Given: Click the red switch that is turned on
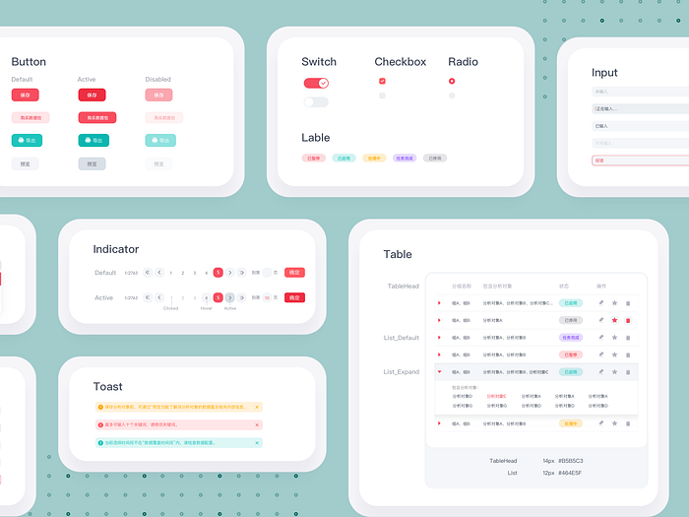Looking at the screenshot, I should tap(316, 84).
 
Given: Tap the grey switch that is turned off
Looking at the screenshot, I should tap(316, 102).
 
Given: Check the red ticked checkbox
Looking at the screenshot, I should tap(382, 81).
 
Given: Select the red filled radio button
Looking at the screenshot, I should tap(452, 81).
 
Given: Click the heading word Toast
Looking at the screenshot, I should tap(108, 387).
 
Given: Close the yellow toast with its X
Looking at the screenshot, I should tap(257, 407).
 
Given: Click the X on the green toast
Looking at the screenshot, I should tap(257, 442).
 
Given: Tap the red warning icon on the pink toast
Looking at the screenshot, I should tap(100, 424).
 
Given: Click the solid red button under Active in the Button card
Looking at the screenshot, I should tap(92, 96).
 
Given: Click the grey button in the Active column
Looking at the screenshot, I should tap(92, 163).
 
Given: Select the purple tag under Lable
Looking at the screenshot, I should tap(404, 158).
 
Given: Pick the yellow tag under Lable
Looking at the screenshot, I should tap(373, 158).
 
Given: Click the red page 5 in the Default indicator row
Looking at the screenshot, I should tap(218, 273).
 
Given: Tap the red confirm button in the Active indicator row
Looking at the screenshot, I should tap(294, 297).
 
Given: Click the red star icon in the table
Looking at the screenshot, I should tap(615, 320).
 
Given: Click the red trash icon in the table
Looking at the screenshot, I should tap(628, 320).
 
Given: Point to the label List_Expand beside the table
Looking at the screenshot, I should tap(402, 372).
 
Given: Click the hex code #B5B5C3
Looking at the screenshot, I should tap(571, 461).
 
